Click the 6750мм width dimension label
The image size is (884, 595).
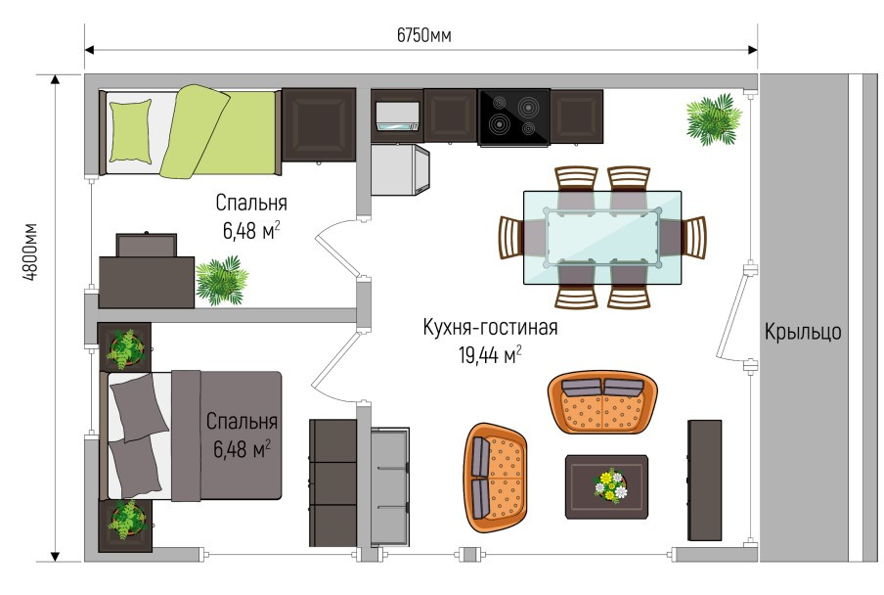point(423,35)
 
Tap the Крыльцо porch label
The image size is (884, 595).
point(802,332)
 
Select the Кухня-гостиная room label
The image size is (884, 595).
point(490,327)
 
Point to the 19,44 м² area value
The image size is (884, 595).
point(489,355)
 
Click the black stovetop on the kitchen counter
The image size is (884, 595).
point(513,117)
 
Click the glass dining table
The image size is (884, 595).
point(602,238)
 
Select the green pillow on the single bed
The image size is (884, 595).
point(131,131)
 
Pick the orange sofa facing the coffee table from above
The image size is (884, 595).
point(602,401)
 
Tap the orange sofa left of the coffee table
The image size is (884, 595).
point(496,478)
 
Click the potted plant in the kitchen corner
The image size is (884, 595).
point(713,119)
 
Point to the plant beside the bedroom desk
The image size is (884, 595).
point(222,280)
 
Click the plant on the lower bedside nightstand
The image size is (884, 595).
point(126,520)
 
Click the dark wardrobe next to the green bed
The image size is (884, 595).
point(319,124)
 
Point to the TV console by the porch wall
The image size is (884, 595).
point(704,480)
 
